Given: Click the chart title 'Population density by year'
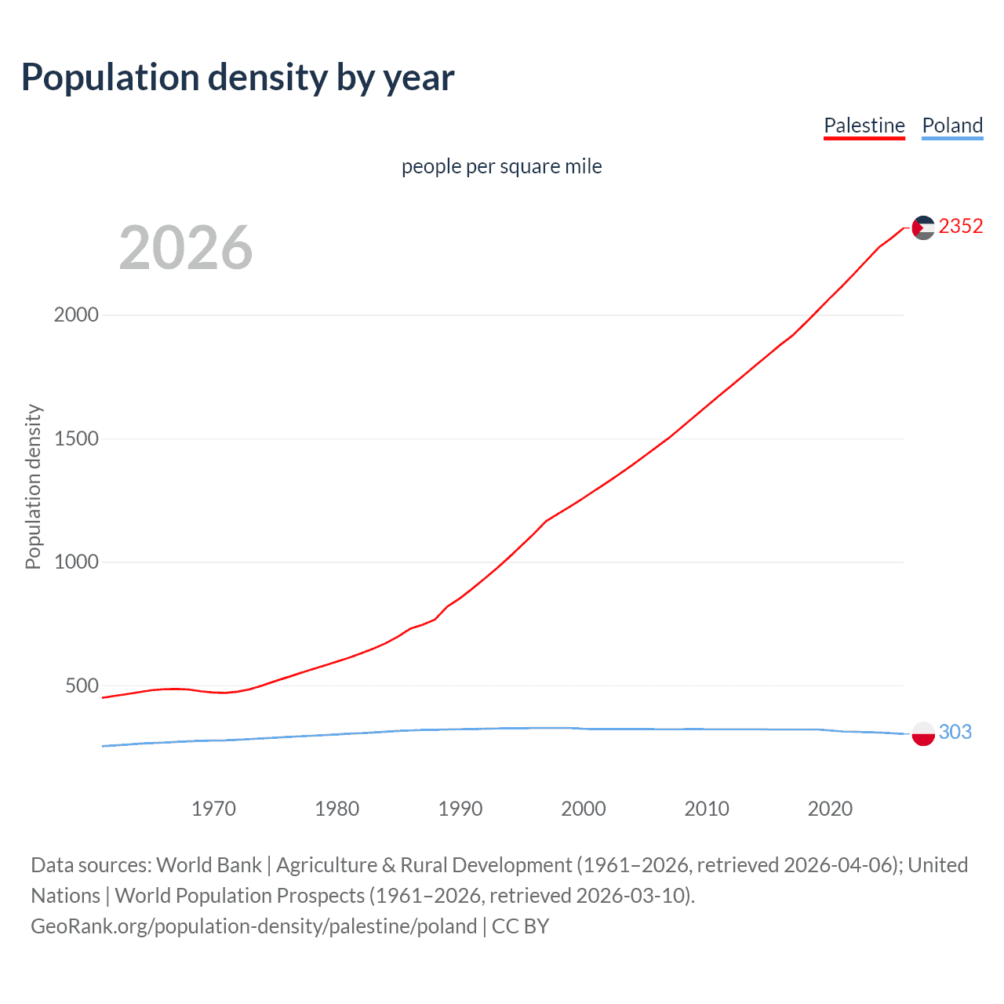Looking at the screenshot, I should pyautogui.click(x=238, y=78).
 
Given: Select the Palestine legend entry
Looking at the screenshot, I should pyautogui.click(x=864, y=125).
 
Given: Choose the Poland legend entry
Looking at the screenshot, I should pyautogui.click(x=952, y=125).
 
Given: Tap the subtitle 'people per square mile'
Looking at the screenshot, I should pyautogui.click(x=501, y=166).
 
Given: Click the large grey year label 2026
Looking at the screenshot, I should pyautogui.click(x=186, y=248).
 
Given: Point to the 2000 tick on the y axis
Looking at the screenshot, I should pyautogui.click(x=76, y=315).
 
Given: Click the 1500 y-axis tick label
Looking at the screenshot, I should pyautogui.click(x=76, y=438).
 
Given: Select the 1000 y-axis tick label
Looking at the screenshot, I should pyautogui.click(x=76, y=562).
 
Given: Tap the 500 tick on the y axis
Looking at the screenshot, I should pyautogui.click(x=82, y=686).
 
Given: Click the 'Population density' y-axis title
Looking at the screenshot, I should pyautogui.click(x=33, y=486).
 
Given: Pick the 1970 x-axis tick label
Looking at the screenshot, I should pyautogui.click(x=213, y=809).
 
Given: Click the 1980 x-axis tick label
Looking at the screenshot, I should pyautogui.click(x=336, y=809).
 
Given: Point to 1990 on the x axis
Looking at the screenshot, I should pyautogui.click(x=460, y=809).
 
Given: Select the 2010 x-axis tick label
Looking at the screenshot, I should pyautogui.click(x=707, y=809).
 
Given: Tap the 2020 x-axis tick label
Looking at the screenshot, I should pyautogui.click(x=830, y=809).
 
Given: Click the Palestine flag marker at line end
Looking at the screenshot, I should pyautogui.click(x=923, y=227).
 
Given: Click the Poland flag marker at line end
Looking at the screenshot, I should pyautogui.click(x=923, y=733).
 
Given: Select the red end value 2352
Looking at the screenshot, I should pyautogui.click(x=960, y=227).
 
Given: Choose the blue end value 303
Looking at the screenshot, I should pyautogui.click(x=955, y=732).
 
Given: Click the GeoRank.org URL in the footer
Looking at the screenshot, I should pyautogui.click(x=253, y=926).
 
